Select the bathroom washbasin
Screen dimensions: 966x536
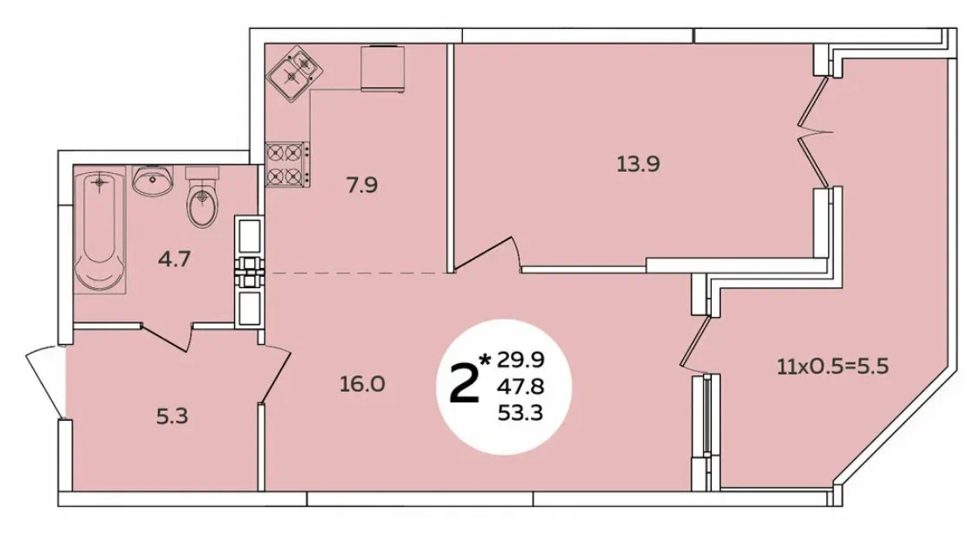152,181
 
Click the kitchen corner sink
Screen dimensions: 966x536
294,72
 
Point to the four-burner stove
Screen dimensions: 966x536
287,164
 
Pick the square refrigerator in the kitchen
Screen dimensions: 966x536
383,68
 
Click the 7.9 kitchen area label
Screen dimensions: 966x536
362,185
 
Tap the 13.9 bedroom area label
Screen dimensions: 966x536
638,164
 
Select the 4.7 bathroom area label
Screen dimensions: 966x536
175,259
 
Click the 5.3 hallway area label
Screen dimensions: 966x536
172,416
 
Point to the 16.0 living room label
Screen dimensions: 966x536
362,384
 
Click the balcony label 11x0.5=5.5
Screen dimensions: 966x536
832,368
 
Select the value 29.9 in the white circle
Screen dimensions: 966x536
521,359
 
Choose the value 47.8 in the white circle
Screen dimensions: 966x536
521,387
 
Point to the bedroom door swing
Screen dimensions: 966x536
486,254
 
